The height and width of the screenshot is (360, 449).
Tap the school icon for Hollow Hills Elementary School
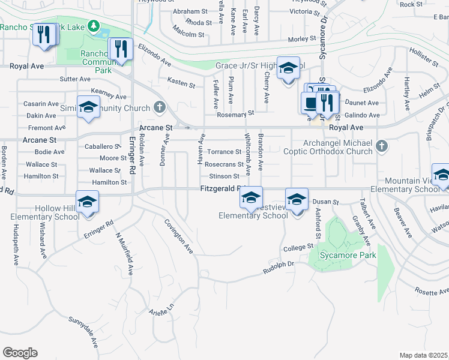[x=87, y=202]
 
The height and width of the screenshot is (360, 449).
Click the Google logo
[x=20, y=352]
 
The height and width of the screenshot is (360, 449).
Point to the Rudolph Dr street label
[x=279, y=268]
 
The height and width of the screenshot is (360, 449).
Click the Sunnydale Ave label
[x=83, y=332]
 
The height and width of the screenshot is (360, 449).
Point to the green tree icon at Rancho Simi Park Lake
[x=93, y=26]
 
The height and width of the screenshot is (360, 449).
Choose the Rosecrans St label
[x=223, y=164]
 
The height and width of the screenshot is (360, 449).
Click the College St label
[x=298, y=247]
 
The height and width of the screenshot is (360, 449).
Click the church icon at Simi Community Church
[x=159, y=107]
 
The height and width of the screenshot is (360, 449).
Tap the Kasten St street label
[x=181, y=84]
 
